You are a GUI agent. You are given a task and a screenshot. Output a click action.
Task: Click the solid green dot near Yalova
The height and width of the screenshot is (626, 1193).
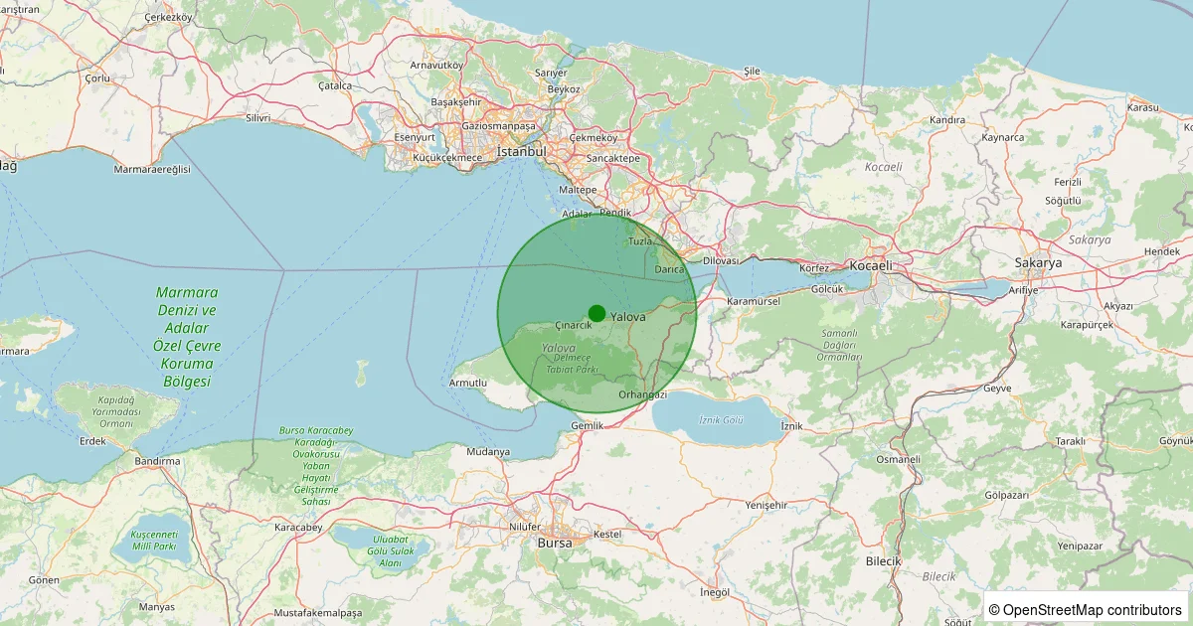(x=596, y=313)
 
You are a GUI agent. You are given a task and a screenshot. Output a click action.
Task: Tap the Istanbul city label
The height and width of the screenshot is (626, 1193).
(x=522, y=152)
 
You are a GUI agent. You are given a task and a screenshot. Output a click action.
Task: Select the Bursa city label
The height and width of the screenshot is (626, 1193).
(x=555, y=544)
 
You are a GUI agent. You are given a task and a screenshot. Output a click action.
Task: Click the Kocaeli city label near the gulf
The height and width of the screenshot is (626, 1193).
(x=871, y=265)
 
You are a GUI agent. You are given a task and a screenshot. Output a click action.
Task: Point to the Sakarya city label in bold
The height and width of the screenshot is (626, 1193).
(x=1038, y=263)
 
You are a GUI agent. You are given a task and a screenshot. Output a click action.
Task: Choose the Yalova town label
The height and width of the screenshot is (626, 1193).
(x=628, y=317)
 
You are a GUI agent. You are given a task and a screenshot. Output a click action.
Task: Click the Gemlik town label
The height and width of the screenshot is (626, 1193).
(x=588, y=425)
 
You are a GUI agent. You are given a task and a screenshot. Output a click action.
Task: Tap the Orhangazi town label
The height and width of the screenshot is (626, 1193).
(x=642, y=394)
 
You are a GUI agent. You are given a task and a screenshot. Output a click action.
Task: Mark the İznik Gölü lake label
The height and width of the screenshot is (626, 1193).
(x=722, y=420)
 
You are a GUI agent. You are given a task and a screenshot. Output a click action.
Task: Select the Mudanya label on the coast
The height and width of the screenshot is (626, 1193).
(x=487, y=452)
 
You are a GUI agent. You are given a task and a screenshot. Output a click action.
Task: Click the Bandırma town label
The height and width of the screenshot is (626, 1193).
(x=158, y=461)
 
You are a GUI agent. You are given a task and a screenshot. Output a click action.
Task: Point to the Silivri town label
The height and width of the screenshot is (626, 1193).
(x=257, y=117)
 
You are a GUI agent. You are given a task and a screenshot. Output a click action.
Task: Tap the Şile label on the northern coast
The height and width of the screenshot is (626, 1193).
(x=752, y=72)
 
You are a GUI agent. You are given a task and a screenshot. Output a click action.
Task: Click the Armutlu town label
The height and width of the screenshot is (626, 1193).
(x=468, y=383)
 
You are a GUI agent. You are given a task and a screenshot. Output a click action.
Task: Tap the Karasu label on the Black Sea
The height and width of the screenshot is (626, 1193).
(x=1144, y=106)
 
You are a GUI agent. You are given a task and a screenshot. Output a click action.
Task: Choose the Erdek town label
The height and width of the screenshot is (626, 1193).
(x=92, y=441)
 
